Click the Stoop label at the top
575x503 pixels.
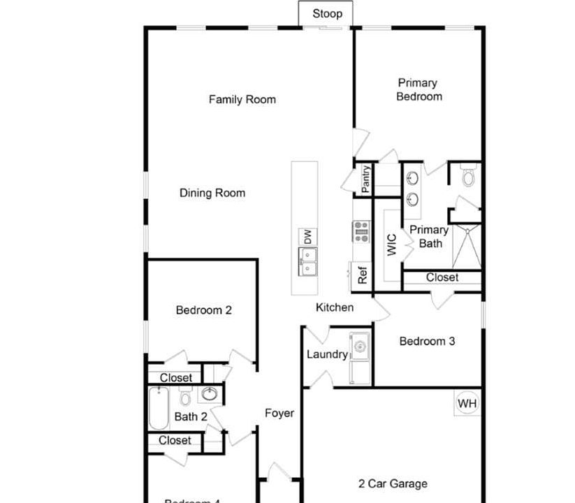[327, 14]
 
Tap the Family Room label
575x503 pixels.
[242, 99]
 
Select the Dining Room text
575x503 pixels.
[212, 193]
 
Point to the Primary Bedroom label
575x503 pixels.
[418, 89]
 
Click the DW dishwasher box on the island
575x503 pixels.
[307, 238]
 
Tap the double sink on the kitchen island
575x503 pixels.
[307, 261]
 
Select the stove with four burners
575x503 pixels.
[361, 231]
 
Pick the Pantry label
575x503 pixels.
[365, 180]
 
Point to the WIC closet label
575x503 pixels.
[391, 245]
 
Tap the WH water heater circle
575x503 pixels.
[467, 403]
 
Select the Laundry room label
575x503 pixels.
[327, 354]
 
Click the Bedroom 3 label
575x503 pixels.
[427, 341]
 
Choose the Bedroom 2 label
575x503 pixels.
[203, 310]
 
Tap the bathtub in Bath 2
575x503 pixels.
[159, 409]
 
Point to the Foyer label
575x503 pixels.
[279, 413]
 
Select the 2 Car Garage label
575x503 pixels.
[393, 483]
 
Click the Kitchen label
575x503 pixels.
[335, 307]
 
